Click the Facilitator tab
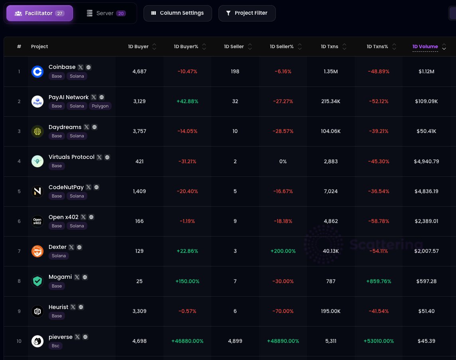39,13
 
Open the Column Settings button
177,13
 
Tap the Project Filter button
247,13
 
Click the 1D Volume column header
425,47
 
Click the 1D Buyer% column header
186,47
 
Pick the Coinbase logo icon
37,72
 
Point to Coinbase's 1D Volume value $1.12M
426,72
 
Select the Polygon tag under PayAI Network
100,106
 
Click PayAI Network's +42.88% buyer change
187,102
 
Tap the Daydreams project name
65,127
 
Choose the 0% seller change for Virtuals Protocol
283,161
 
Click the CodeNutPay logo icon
37,192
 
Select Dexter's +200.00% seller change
283,251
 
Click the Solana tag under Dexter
59,256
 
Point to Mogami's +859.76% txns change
378,281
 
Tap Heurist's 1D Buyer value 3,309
140,311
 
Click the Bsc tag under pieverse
55,346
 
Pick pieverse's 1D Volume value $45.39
426,341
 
